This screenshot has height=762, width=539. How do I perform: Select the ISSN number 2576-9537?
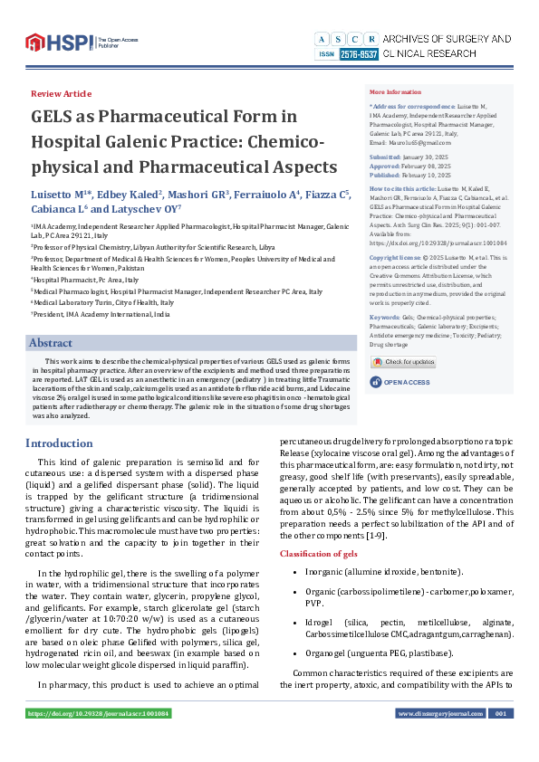click(x=359, y=55)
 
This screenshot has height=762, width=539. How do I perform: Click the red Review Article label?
click(x=61, y=94)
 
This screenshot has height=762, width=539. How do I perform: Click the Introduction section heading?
click(x=59, y=443)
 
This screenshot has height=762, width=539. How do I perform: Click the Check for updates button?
click(x=403, y=362)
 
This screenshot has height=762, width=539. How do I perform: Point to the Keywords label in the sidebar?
click(x=384, y=318)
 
